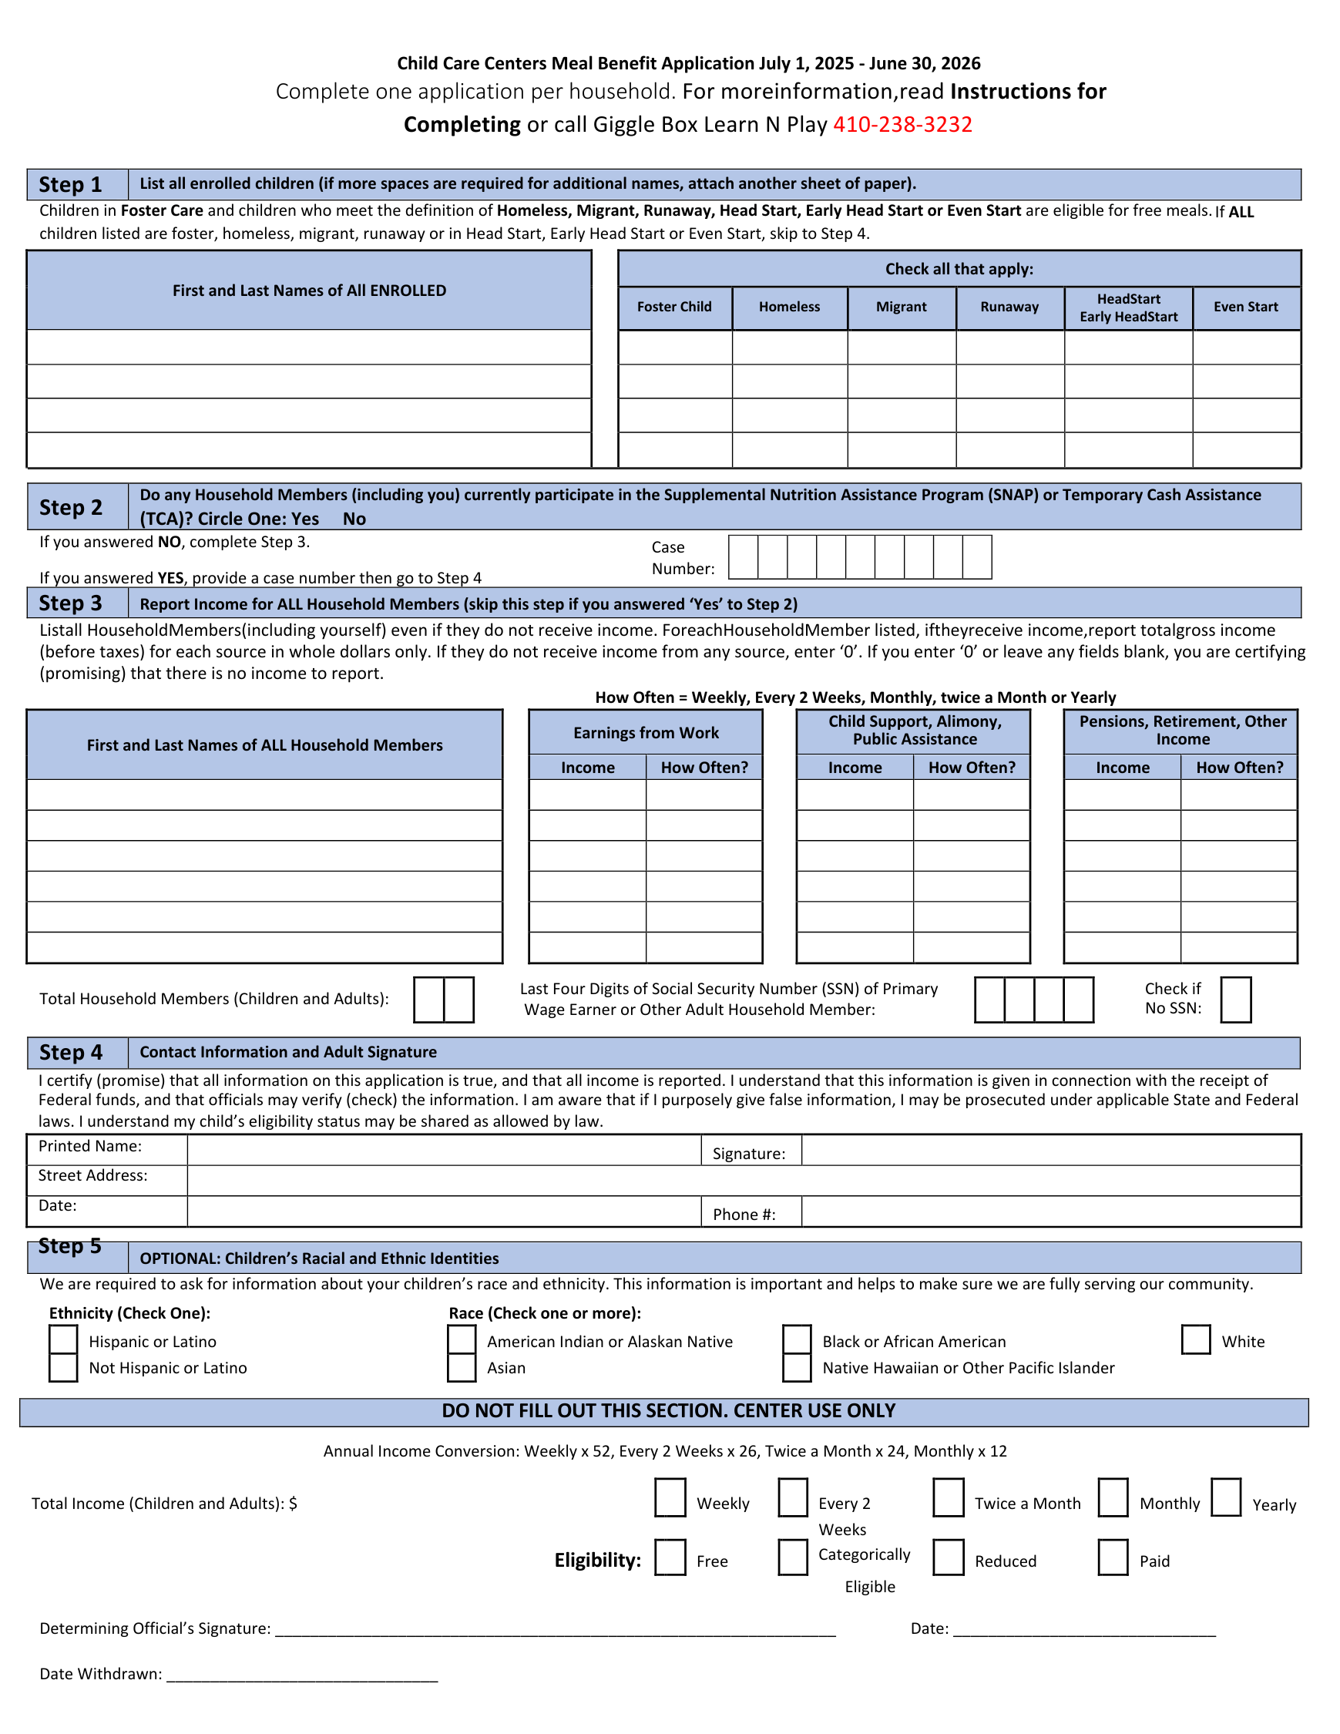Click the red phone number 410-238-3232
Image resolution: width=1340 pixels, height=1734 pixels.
tap(902, 125)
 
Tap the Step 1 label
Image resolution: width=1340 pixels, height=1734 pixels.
tap(71, 185)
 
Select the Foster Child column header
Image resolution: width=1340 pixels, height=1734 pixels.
tap(674, 307)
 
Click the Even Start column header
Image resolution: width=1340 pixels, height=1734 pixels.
tap(1244, 307)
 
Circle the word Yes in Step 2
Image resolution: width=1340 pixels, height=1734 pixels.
tap(305, 519)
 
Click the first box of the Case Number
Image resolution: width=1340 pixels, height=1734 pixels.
tap(743, 556)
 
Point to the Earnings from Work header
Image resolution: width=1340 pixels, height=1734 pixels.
tap(646, 733)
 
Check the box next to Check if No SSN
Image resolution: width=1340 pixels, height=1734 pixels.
tap(1234, 1000)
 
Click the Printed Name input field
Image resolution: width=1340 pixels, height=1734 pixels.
tap(444, 1150)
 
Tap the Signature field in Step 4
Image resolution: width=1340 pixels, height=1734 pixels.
tap(1049, 1150)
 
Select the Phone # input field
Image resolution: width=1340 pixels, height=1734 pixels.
tap(1049, 1211)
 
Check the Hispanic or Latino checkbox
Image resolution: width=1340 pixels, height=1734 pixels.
tap(63, 1339)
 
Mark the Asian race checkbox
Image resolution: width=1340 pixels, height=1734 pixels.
tap(462, 1367)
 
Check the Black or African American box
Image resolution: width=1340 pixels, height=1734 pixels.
tap(796, 1339)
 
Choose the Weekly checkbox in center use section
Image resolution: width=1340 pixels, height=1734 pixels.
tap(670, 1497)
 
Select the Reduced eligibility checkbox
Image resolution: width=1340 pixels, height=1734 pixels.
tap(948, 1557)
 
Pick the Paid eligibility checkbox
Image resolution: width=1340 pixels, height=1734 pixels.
tap(1112, 1557)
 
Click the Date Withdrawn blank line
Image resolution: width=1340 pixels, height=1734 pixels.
tap(301, 1675)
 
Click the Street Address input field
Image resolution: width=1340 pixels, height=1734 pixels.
tap(743, 1181)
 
